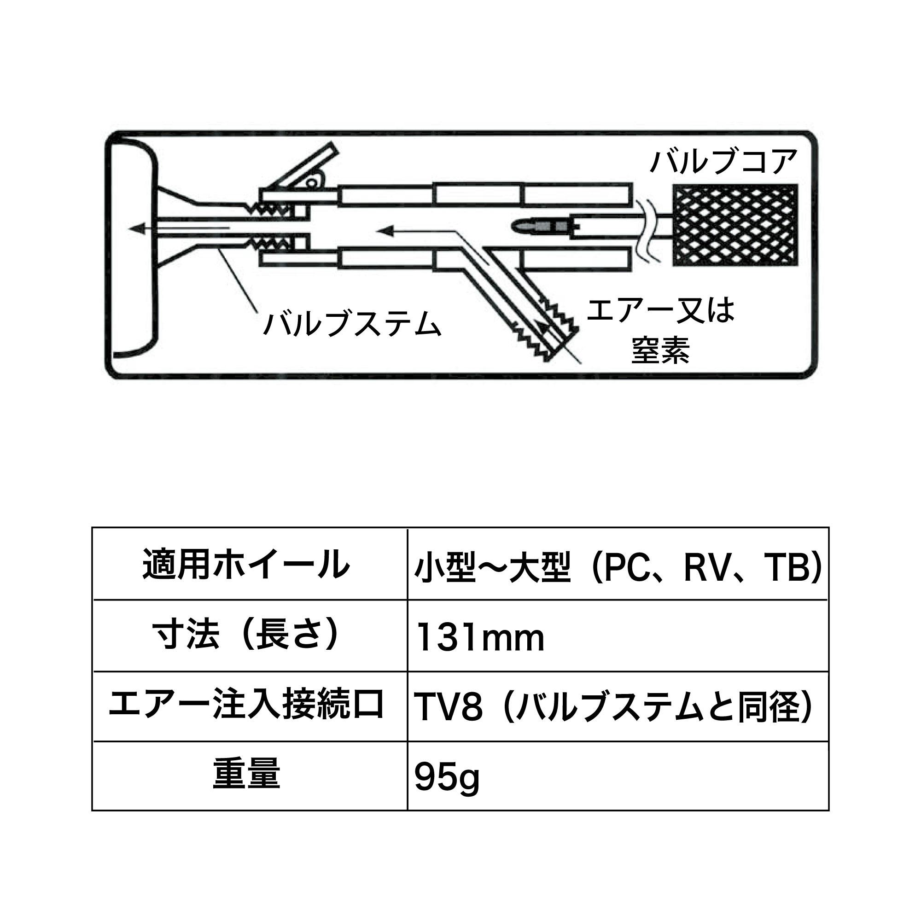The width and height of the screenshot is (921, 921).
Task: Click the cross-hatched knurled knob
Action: pyautogui.click(x=734, y=225)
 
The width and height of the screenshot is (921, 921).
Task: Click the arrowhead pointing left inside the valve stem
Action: pyautogui.click(x=139, y=229)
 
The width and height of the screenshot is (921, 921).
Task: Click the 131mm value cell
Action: pyautogui.click(x=480, y=638)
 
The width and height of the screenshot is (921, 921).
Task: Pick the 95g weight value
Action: pyautogui.click(x=447, y=778)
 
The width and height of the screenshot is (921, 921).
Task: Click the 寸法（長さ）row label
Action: pyautogui.click(x=246, y=636)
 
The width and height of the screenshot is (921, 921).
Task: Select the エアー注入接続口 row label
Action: pyautogui.click(x=246, y=705)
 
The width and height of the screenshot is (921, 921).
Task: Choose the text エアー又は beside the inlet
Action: pyautogui.click(x=661, y=310)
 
